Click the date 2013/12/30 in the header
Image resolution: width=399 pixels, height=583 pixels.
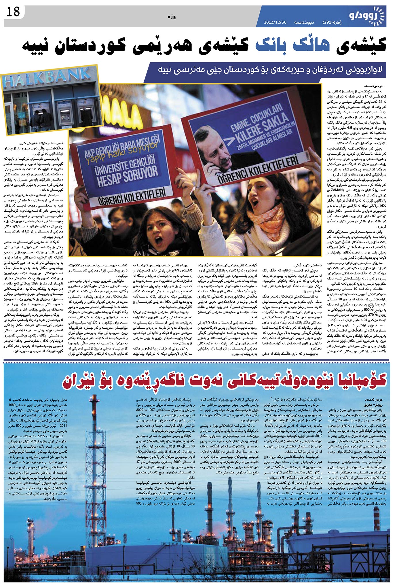[x=275, y=22]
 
